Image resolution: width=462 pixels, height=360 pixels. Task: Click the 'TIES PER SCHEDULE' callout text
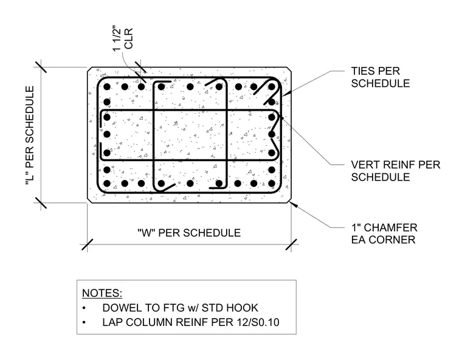(x=381, y=77)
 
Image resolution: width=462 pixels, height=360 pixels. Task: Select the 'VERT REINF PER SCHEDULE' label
(x=395, y=171)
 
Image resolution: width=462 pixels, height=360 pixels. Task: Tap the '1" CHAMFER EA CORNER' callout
(x=384, y=234)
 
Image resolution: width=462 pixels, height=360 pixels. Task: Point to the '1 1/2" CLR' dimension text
(x=123, y=40)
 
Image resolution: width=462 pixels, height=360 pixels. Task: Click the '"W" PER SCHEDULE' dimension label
(x=189, y=233)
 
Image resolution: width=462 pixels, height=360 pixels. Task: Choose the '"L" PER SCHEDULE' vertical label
(x=30, y=136)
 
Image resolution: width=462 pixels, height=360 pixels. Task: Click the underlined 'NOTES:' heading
(x=102, y=293)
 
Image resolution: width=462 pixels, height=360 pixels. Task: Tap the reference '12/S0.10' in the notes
(x=258, y=322)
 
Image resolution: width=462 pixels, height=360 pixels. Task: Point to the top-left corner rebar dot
(x=107, y=87)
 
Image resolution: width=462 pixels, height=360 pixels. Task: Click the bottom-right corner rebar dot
(x=272, y=184)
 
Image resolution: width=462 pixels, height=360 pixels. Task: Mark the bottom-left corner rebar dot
(x=107, y=184)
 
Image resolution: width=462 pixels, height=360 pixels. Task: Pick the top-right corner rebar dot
(x=272, y=87)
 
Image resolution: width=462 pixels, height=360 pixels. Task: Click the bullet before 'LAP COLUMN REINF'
(x=84, y=322)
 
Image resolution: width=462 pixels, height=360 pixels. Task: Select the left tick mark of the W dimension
(x=87, y=244)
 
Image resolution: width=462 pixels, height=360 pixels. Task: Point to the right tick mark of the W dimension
(x=291, y=244)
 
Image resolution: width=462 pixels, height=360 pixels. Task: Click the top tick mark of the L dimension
(x=41, y=67)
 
